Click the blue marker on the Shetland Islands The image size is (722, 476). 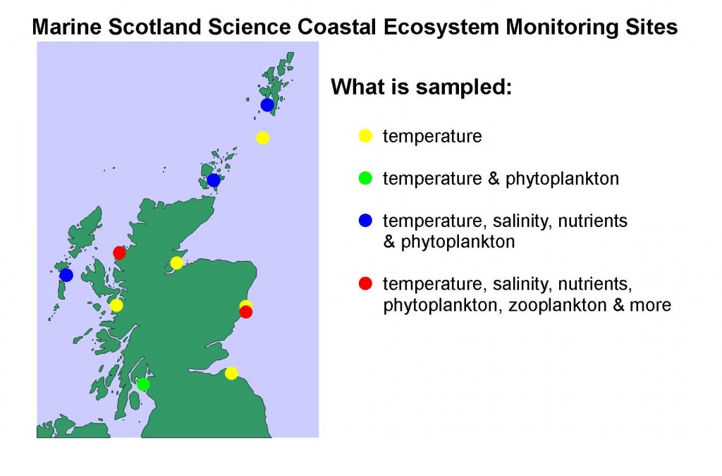[267, 105]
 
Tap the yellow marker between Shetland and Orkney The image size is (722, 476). [262, 138]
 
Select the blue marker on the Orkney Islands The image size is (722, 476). [214, 180]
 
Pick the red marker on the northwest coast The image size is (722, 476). [119, 252]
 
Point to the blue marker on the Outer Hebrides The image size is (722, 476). [66, 275]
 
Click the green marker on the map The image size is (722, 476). [143, 384]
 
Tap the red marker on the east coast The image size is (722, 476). [246, 312]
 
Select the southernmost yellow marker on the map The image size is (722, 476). [231, 373]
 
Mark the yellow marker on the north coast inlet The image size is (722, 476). [177, 263]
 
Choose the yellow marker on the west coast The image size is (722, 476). [116, 305]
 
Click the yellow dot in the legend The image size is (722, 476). [365, 136]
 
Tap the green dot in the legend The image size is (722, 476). [365, 178]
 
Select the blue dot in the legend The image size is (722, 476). [365, 221]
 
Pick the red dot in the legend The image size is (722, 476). [365, 283]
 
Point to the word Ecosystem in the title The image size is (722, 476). [441, 27]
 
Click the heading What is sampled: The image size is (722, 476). [422, 87]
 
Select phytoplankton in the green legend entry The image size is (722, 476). [562, 179]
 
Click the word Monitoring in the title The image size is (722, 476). [562, 27]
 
